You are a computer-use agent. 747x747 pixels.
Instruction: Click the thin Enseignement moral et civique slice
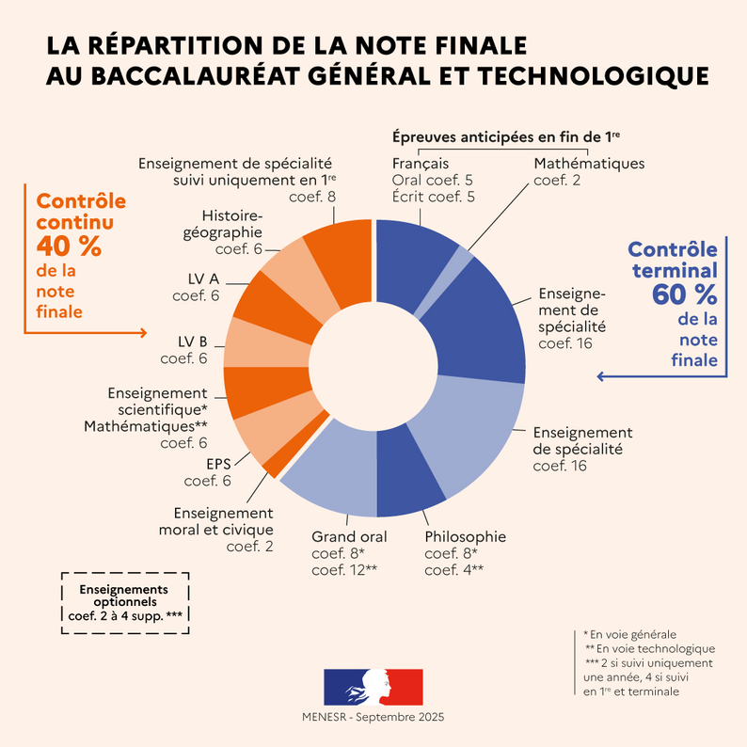(x=273, y=464)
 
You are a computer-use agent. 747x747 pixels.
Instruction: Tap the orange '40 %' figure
(x=70, y=246)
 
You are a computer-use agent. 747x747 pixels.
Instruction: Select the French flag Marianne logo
(x=373, y=687)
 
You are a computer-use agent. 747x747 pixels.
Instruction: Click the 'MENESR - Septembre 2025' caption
(x=373, y=717)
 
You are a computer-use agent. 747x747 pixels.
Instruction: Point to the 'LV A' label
(x=202, y=279)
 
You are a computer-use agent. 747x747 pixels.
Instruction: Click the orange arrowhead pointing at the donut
(x=142, y=332)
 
